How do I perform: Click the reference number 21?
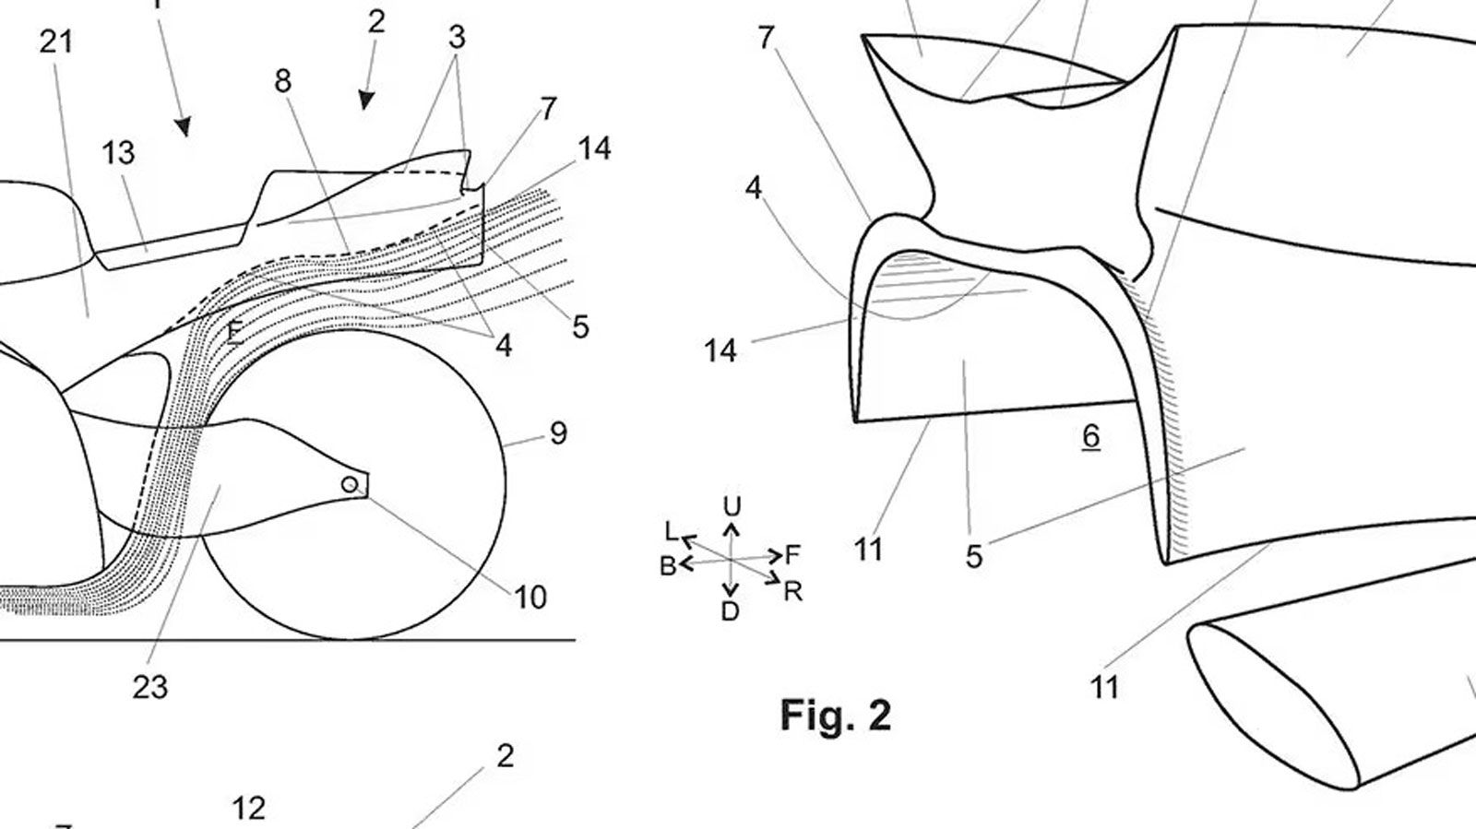56,42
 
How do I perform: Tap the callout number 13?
118,152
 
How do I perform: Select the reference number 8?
282,81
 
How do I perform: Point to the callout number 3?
457,38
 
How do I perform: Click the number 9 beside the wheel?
557,433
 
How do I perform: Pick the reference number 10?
530,598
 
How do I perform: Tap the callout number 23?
149,686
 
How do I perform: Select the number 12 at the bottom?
248,809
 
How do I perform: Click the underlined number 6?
1090,436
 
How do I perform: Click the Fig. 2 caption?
836,715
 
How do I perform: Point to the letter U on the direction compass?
732,506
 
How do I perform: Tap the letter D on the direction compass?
730,610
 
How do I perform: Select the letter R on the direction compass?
792,591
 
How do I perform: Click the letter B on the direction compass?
668,566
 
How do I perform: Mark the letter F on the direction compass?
792,555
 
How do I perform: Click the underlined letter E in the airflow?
235,330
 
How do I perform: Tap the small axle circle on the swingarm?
350,485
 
